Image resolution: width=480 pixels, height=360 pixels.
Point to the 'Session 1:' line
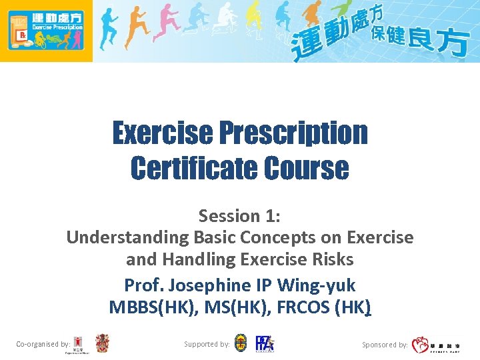[239, 215]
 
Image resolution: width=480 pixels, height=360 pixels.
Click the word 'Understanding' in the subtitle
[127, 237]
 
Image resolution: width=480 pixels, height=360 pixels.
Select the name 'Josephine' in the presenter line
[207, 285]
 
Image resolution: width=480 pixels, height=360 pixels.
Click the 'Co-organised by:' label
[43, 344]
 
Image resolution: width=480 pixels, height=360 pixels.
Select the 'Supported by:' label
[207, 344]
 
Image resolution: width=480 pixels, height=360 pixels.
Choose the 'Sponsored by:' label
[385, 345]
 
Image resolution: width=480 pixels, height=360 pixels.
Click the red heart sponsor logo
[420, 345]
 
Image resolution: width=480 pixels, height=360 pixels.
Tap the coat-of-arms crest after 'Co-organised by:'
[102, 343]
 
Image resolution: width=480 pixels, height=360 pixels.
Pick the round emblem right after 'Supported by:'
[241, 343]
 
